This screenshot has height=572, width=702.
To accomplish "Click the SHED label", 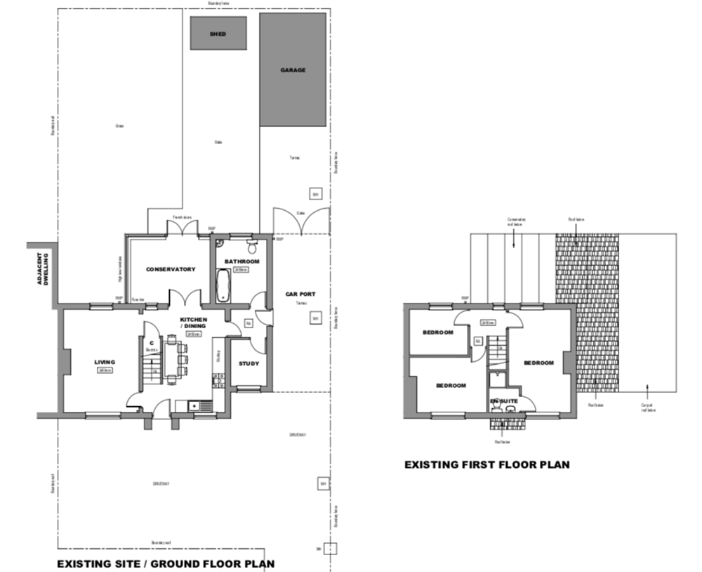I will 218,34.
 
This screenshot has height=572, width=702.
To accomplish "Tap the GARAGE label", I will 293,70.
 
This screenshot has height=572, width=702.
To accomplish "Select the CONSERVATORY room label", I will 170,270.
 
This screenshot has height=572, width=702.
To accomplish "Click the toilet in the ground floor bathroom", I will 252,247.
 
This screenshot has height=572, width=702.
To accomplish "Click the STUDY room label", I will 249,364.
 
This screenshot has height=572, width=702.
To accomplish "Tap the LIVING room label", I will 105,363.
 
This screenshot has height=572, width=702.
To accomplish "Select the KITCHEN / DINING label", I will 193,323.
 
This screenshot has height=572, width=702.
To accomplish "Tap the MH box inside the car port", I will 315,319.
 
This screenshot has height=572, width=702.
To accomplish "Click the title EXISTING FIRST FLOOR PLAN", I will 486,464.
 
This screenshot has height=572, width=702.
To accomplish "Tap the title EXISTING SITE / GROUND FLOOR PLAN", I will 165,564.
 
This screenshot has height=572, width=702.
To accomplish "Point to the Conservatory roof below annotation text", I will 516,221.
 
